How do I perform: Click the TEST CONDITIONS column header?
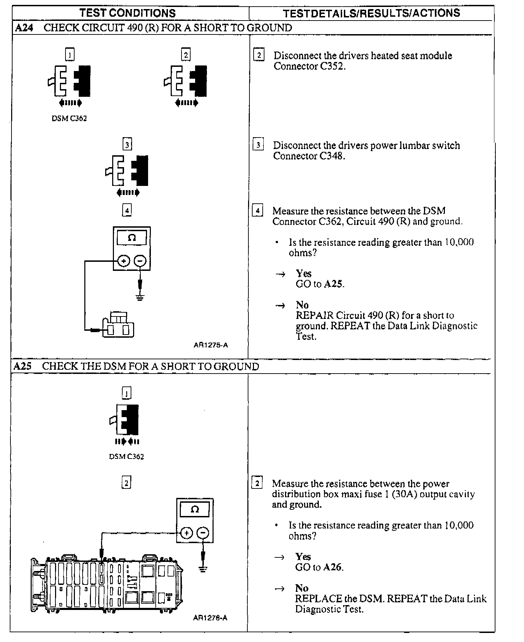click(128, 13)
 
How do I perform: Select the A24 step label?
click(24, 28)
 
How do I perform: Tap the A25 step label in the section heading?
click(22, 366)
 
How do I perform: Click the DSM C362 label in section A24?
click(69, 118)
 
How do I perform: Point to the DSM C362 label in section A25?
click(126, 456)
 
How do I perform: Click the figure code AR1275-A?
click(211, 345)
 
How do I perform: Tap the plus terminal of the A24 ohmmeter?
click(124, 260)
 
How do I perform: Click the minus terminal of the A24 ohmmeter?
click(140, 260)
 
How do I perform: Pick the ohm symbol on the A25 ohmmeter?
click(195, 509)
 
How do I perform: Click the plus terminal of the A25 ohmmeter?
click(186, 533)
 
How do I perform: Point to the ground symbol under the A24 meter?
click(140, 298)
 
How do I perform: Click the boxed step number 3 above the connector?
click(127, 144)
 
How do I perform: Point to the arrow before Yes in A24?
click(280, 274)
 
